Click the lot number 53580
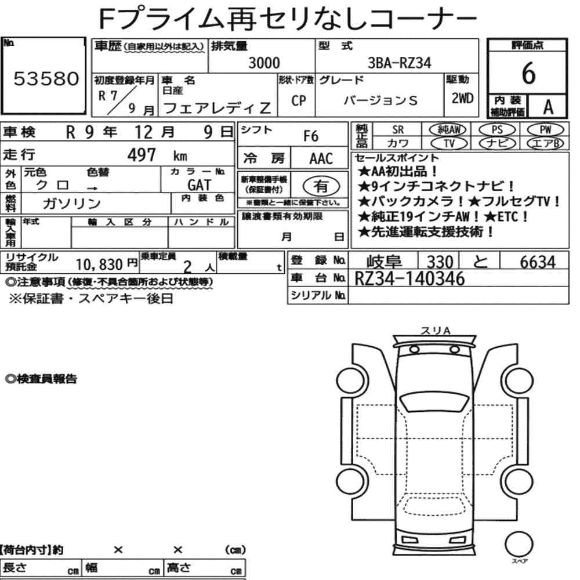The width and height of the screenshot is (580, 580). pos(46,78)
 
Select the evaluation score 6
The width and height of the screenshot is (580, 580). pos(528,73)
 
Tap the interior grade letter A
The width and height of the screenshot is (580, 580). pos(548,107)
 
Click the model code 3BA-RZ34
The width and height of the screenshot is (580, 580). pos(399,63)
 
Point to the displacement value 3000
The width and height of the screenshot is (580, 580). pos(264,63)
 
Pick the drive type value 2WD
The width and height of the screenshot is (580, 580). pos(462,98)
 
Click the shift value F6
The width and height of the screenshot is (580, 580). pos(311,136)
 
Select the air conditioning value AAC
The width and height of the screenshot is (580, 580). pos(321,159)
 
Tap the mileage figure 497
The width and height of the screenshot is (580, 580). pos(142,155)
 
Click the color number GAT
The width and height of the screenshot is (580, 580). pos(200,184)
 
